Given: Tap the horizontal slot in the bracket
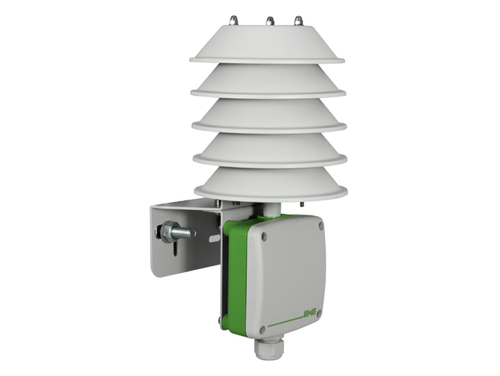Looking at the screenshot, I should click(x=215, y=240).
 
